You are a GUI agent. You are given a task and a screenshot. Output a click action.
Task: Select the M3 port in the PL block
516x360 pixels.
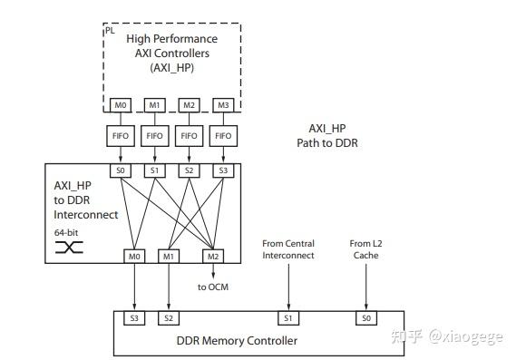(222, 105)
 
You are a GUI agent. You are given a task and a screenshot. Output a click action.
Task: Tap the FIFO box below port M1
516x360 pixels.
(155, 137)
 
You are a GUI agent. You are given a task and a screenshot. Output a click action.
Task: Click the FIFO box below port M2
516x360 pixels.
(189, 137)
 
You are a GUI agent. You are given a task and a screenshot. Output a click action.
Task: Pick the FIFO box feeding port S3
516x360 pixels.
(222, 137)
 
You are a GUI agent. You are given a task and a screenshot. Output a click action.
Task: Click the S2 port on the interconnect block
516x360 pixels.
(189, 170)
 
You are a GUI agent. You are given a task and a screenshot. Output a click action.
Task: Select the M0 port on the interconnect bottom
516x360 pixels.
(135, 257)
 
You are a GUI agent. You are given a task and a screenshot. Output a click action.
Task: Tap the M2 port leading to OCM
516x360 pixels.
(212, 257)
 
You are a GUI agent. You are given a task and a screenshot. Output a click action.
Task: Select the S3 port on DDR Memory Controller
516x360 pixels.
(135, 318)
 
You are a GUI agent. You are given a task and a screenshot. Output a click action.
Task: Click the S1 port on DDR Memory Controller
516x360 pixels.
(288, 318)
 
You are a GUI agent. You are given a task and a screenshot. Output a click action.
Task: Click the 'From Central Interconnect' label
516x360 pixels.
(288, 249)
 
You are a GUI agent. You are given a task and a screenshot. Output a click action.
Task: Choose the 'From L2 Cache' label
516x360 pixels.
(365, 249)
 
